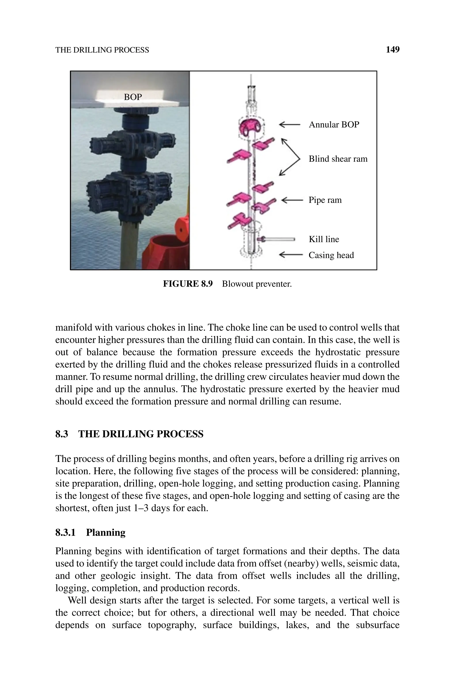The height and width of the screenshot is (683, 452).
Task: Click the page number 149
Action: point(392,50)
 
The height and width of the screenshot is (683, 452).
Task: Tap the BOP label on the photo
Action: point(133,97)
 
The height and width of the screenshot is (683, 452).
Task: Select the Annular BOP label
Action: point(334,125)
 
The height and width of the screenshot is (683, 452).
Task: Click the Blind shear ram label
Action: point(338,159)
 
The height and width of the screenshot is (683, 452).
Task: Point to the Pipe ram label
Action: point(325,200)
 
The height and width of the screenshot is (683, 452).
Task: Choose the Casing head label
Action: point(331,255)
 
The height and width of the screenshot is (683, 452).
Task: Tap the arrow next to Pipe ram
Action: point(292,200)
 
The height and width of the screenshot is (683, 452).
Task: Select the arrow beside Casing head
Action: point(291,255)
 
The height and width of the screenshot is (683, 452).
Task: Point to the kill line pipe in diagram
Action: point(278,239)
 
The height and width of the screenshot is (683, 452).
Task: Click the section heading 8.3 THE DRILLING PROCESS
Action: point(129,434)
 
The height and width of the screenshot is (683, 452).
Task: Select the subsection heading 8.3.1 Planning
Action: point(90,532)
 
